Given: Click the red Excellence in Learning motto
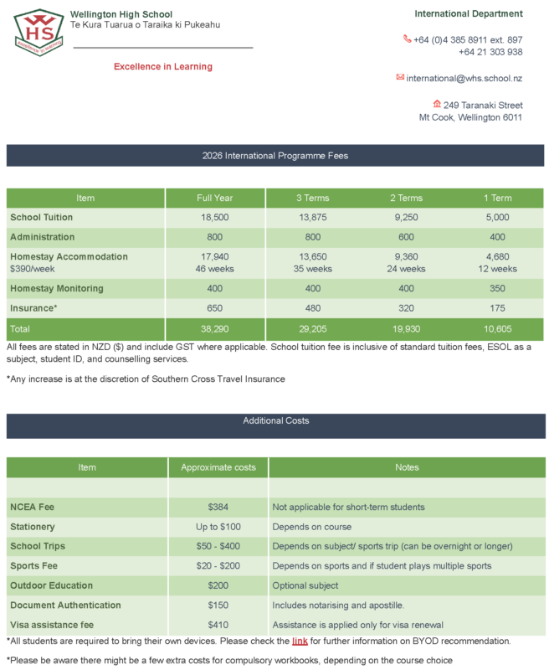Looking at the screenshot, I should pos(163,67).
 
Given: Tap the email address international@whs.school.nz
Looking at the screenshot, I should pos(464,78).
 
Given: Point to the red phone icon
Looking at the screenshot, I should pos(408,39).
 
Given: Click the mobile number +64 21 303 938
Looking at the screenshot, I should pos(490,52).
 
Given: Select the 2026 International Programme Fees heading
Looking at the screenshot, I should pos(274,156).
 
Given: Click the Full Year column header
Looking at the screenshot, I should pos(215,198).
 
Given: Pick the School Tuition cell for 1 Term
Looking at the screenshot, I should pos(498,218).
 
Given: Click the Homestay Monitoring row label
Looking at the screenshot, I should pos(57,288).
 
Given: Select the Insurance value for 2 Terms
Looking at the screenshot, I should pos(407,307).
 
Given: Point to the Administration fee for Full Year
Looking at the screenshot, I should pos(215,237).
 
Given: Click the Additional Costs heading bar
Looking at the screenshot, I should pos(274,420).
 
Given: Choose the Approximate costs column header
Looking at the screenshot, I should pos(218,467).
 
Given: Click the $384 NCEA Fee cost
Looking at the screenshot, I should pos(218,507).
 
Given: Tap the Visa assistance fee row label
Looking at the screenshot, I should pos(52,624).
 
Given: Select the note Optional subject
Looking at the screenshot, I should pos(305,585).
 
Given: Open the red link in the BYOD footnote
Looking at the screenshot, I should pos(300,642).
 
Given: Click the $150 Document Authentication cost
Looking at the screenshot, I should pos(218,605).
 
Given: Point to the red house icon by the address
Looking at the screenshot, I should pos(436,105).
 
